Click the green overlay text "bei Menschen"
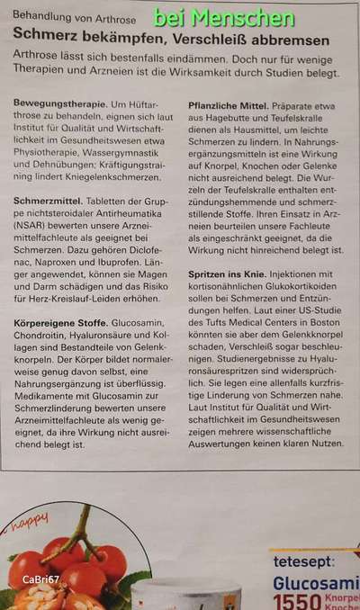pos(223,17)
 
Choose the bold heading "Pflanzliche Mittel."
pos(233,105)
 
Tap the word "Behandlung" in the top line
pos(44,17)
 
